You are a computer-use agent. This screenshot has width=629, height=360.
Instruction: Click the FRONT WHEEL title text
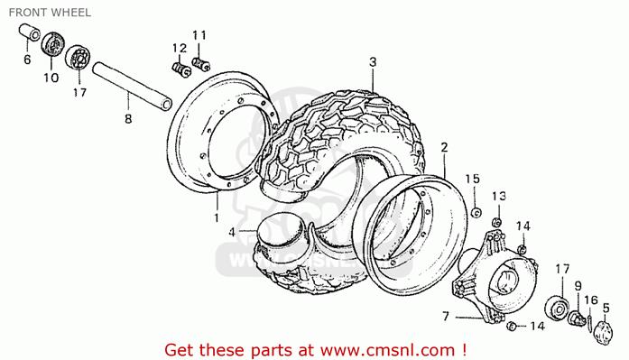pos(50,13)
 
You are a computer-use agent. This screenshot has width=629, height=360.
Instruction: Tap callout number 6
pos(27,60)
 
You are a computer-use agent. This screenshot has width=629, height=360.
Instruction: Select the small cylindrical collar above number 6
pos(29,32)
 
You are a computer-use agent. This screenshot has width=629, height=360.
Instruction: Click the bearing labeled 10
pos(53,43)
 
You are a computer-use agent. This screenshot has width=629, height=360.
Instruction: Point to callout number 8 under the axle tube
pos(128,119)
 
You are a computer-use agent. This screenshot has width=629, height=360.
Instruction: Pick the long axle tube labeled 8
pos(132,86)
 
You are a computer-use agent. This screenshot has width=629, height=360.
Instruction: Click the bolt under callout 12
pos(181,69)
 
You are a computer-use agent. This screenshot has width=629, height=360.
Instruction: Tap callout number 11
pos(199,35)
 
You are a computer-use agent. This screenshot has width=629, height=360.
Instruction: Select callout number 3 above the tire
pos(373,62)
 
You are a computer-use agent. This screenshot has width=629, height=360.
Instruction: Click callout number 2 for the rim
pos(444,148)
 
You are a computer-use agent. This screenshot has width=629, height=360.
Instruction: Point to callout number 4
pos(232,232)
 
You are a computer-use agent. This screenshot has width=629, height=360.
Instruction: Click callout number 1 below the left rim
pos(217,218)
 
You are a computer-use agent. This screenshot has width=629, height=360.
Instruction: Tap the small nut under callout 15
pos(476,212)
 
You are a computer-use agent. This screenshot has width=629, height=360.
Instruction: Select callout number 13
pos(499,197)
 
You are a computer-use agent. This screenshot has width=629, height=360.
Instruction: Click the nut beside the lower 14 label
pos(511,326)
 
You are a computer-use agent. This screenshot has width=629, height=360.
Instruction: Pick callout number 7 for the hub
pos(446,317)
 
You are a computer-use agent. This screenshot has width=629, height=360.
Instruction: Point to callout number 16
pos(591,300)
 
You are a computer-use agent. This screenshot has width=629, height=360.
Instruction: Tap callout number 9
pos(578,286)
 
